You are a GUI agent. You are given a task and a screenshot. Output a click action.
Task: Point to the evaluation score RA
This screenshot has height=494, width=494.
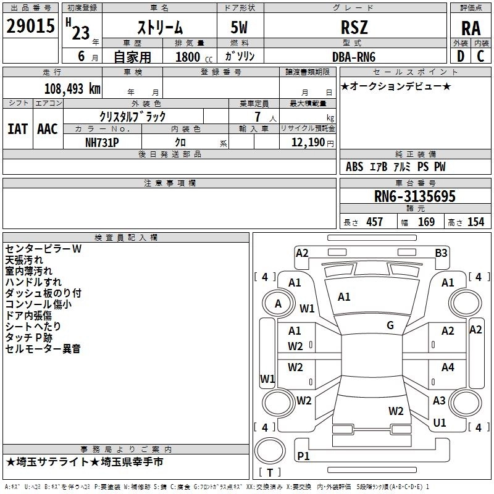[471, 28]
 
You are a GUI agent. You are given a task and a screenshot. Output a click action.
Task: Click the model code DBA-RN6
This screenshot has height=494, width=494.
[353, 56]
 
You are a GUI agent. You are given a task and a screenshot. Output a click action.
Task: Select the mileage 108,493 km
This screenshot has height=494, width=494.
[72, 88]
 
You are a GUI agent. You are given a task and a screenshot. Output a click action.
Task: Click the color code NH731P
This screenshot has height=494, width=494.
[102, 142]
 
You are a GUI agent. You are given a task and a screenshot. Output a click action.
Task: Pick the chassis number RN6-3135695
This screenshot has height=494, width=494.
[414, 196]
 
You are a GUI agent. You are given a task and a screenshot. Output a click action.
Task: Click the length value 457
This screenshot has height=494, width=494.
[374, 222]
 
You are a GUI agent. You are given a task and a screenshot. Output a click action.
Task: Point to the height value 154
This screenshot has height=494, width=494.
[475, 222]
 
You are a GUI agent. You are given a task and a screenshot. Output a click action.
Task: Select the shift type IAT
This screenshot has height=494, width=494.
[17, 128]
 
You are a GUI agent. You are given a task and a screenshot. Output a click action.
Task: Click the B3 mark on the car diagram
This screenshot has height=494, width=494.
[441, 253]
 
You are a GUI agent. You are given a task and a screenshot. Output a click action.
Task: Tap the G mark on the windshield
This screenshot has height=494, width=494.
[390, 325]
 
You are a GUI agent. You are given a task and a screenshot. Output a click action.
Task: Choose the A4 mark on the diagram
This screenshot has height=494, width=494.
[448, 367]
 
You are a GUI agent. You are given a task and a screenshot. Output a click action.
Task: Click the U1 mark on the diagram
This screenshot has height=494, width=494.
[440, 423]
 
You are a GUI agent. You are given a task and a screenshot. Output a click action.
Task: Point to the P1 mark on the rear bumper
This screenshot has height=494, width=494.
[303, 456]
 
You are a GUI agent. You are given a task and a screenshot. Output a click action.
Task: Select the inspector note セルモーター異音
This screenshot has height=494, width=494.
[43, 349]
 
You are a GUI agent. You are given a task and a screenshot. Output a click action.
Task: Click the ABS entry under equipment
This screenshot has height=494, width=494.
[354, 167]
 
